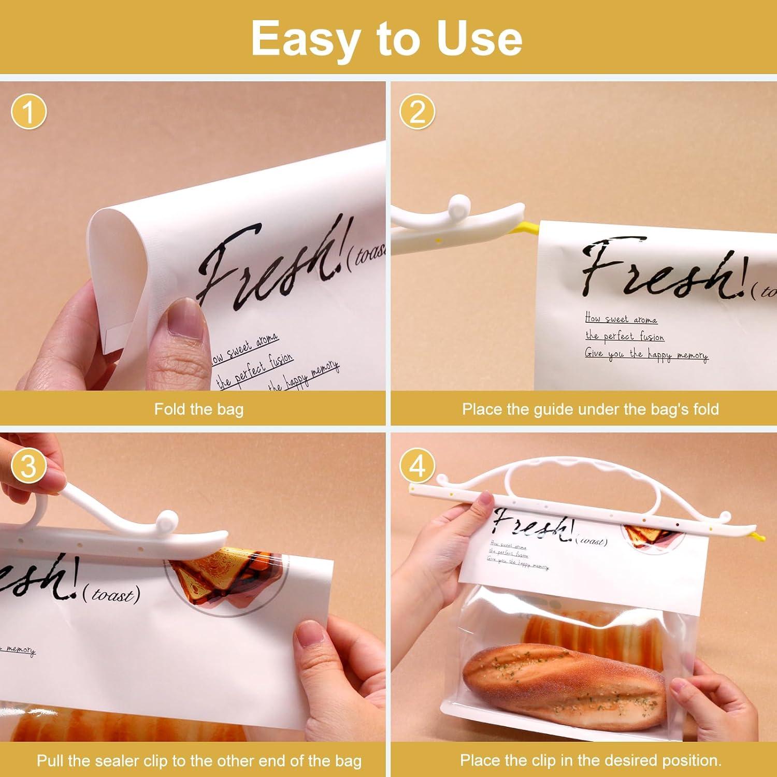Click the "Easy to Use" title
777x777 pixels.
pyautogui.click(x=387, y=39)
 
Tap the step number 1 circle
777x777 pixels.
pyautogui.click(x=28, y=112)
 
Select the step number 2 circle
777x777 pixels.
pyautogui.click(x=418, y=112)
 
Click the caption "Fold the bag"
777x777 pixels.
pyautogui.click(x=198, y=409)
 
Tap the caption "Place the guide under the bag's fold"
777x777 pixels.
pyautogui.click(x=590, y=409)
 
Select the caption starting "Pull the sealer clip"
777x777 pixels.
pyautogui.click(x=198, y=761)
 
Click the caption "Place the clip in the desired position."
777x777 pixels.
pyautogui.click(x=590, y=761)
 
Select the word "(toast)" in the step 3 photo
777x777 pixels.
pyautogui.click(x=111, y=595)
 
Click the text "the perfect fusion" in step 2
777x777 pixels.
pyautogui.click(x=624, y=336)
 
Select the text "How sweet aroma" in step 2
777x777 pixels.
pyautogui.click(x=621, y=319)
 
